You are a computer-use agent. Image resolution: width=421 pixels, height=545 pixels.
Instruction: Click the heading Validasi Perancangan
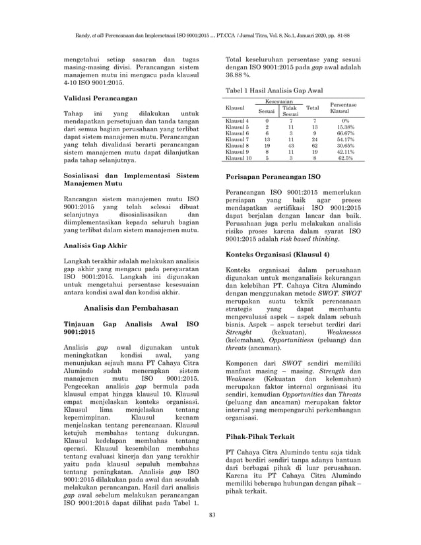[100, 97]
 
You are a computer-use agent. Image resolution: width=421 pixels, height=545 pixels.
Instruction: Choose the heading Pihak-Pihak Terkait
[252, 437]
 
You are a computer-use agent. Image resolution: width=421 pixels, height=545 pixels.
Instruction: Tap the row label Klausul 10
[238, 158]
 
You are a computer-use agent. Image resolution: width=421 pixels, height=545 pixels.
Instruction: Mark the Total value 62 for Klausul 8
[313, 146]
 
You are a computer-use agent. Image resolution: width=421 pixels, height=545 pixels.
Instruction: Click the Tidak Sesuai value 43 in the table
[290, 146]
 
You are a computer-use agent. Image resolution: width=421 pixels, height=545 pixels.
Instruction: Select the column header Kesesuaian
[280, 102]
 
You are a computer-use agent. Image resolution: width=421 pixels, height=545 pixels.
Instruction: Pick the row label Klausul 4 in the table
[237, 121]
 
